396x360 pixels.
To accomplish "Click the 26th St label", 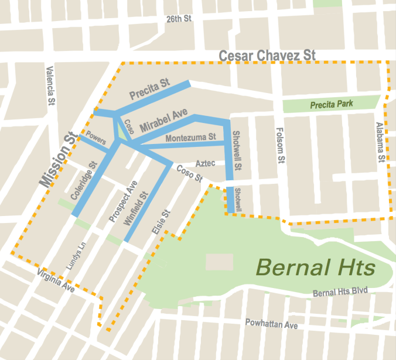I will tap(179, 19).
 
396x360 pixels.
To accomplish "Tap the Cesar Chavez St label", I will tap(267, 56).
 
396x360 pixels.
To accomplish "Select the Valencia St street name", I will tap(50, 85).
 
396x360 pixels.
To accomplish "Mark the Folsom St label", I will tap(281, 143).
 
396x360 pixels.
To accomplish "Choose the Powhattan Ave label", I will tap(272, 324).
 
